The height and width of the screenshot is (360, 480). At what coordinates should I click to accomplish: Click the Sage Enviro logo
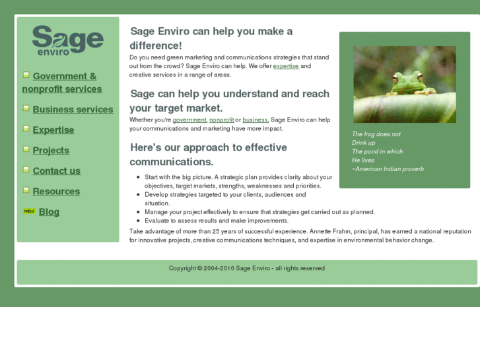(67, 41)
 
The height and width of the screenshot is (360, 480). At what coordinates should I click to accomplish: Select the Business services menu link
(73, 110)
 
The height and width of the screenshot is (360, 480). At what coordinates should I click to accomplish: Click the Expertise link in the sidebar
(53, 130)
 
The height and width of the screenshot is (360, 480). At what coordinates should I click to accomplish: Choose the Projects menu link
(51, 151)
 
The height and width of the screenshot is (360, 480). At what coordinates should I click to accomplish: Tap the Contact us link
(56, 171)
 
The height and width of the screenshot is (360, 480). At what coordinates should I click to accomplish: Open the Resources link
(56, 192)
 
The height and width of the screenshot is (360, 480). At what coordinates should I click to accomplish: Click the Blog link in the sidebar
(49, 212)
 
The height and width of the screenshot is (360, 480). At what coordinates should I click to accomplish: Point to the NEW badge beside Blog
(29, 211)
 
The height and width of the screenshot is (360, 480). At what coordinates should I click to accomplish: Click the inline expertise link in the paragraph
(286, 66)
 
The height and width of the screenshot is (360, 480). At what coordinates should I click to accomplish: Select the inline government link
(189, 120)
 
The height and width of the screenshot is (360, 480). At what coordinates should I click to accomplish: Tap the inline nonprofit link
(221, 120)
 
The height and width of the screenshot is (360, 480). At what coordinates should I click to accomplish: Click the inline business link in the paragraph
(255, 120)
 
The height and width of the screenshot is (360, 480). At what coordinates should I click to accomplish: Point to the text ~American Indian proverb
(388, 169)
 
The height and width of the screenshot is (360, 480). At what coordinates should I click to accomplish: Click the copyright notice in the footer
(246, 268)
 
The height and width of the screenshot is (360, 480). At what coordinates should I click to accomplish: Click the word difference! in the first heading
(156, 46)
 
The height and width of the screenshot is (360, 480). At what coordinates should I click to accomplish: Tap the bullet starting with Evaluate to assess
(217, 221)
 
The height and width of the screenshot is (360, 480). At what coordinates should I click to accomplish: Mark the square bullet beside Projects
(26, 149)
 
